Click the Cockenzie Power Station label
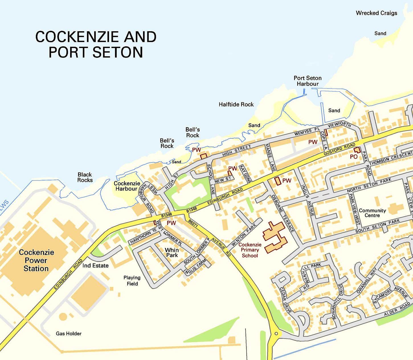coord(36,260)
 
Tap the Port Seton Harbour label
coord(308,81)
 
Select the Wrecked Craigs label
coord(376,13)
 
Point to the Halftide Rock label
coord(236,104)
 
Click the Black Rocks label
coord(85,177)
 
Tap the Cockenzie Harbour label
coord(127,186)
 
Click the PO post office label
coord(353,157)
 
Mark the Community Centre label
coord(372,213)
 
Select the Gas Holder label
coord(69,334)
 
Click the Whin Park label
coord(172,253)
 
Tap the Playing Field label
coord(132,281)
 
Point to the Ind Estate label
coord(95,266)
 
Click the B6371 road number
coord(193,223)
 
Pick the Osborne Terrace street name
coord(282,213)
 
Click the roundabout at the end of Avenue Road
coord(276,334)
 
